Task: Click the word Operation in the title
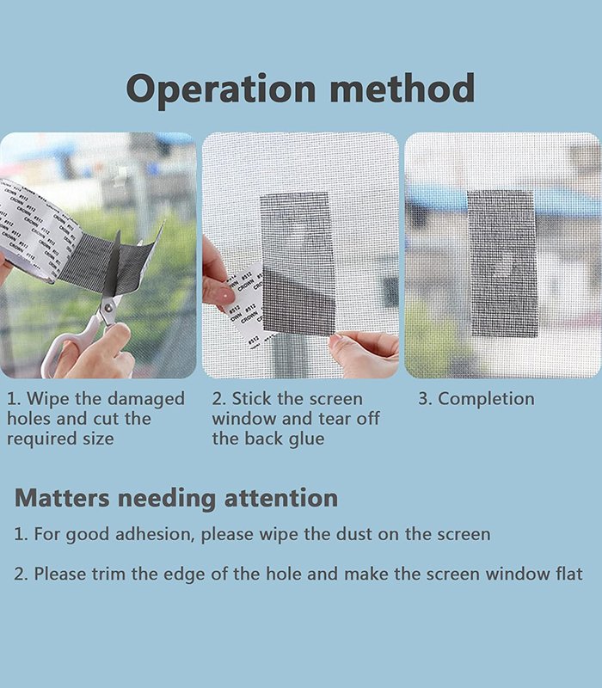click(x=221, y=90)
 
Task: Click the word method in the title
click(x=402, y=89)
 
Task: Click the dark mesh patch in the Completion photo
click(x=503, y=263)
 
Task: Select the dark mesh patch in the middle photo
click(x=298, y=263)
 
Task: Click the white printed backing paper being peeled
click(x=247, y=303)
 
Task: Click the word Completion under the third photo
click(x=486, y=399)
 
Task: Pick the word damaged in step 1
click(x=146, y=399)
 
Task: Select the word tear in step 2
click(x=335, y=419)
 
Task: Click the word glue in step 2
click(x=306, y=439)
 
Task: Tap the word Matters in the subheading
click(x=62, y=499)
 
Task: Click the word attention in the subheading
click(x=281, y=499)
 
